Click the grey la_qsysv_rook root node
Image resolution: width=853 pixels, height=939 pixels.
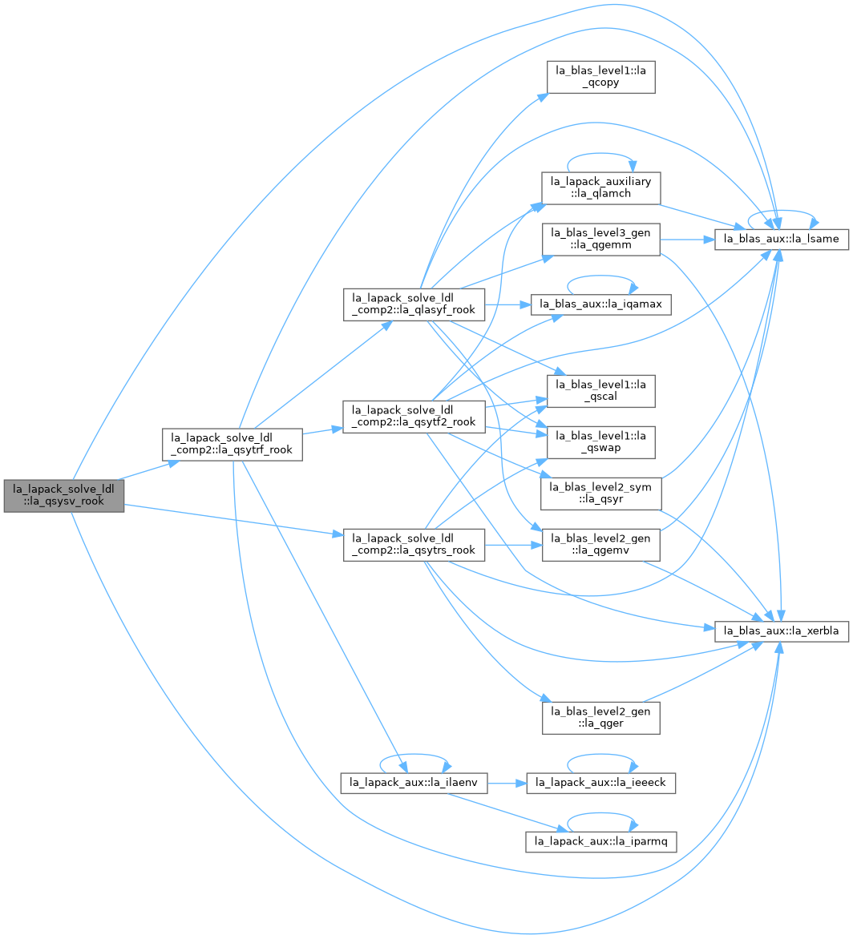click(x=64, y=496)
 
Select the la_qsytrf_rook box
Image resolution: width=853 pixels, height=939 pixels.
click(x=232, y=445)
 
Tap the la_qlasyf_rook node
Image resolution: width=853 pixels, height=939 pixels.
click(x=414, y=304)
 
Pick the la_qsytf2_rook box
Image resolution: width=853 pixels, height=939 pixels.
click(x=414, y=416)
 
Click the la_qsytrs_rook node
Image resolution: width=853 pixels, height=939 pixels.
click(x=414, y=544)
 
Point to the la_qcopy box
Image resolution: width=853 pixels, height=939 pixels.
click(x=600, y=77)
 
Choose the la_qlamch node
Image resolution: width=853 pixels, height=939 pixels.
click(x=600, y=187)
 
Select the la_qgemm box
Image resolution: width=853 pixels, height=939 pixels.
click(x=600, y=239)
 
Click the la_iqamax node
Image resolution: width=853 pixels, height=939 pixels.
click(x=600, y=304)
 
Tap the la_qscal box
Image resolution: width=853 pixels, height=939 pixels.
click(x=600, y=390)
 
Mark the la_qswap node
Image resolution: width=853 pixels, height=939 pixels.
click(x=600, y=442)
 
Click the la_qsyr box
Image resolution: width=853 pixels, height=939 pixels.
click(x=600, y=494)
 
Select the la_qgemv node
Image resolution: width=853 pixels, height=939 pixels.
click(x=600, y=544)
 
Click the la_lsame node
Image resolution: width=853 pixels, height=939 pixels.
click(x=781, y=239)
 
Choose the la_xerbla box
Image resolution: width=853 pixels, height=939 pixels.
click(x=781, y=631)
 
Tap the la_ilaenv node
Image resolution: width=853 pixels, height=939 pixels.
click(x=414, y=783)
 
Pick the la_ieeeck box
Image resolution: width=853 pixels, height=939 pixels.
click(x=600, y=783)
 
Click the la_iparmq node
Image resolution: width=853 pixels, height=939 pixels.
click(x=600, y=841)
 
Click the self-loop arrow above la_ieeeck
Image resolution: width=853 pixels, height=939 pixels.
click(x=600, y=756)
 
